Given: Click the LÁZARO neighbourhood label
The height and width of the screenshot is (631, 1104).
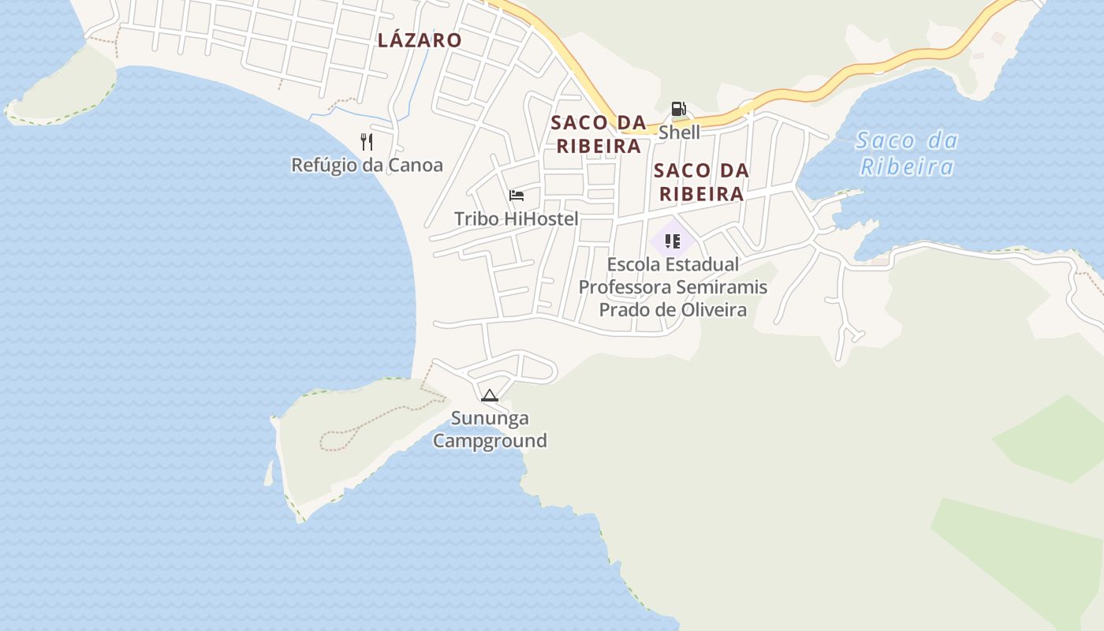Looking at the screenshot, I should tap(419, 40).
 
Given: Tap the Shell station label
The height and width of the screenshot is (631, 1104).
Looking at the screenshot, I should tap(679, 133).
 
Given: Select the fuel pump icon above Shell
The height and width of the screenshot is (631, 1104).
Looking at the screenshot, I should tap(678, 110).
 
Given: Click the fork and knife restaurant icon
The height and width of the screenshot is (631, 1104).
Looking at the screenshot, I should tap(366, 142).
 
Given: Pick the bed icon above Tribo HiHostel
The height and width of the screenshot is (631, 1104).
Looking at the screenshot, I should tap(517, 196).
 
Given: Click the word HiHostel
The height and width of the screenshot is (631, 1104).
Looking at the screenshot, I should tap(540, 219).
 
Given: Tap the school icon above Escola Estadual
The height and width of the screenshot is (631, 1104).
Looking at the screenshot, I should tap(672, 241).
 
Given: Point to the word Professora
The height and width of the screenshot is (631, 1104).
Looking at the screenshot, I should tap(623, 287).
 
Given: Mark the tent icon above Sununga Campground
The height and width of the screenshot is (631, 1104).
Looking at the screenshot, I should tap(490, 395).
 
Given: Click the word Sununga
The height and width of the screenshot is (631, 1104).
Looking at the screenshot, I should tap(490, 418).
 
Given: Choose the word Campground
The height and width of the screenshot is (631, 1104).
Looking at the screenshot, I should tap(490, 441).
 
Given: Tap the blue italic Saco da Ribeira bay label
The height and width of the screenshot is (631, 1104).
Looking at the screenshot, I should tap(907, 154).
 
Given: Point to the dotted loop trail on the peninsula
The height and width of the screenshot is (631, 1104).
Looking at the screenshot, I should tap(339, 438).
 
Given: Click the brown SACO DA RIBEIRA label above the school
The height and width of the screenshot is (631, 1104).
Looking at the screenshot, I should tap(701, 182).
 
